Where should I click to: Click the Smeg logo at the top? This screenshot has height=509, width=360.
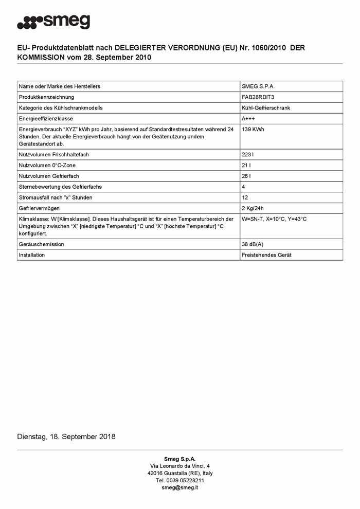53,22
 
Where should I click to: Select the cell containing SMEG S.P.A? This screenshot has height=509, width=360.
261,86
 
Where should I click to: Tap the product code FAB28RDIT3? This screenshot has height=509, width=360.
258,97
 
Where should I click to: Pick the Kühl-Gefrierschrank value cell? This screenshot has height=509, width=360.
265,108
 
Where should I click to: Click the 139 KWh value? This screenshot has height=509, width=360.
253,130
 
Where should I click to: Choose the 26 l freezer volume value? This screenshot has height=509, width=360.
246,176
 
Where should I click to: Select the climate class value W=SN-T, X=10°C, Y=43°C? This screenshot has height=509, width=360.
274,220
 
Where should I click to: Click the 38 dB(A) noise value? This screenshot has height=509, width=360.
253,244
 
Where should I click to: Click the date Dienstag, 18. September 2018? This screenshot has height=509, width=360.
66,437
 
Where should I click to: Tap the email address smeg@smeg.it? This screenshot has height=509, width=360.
179,487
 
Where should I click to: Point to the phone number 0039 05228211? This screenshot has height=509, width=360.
179,480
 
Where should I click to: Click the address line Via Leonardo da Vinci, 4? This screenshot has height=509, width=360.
179,466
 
